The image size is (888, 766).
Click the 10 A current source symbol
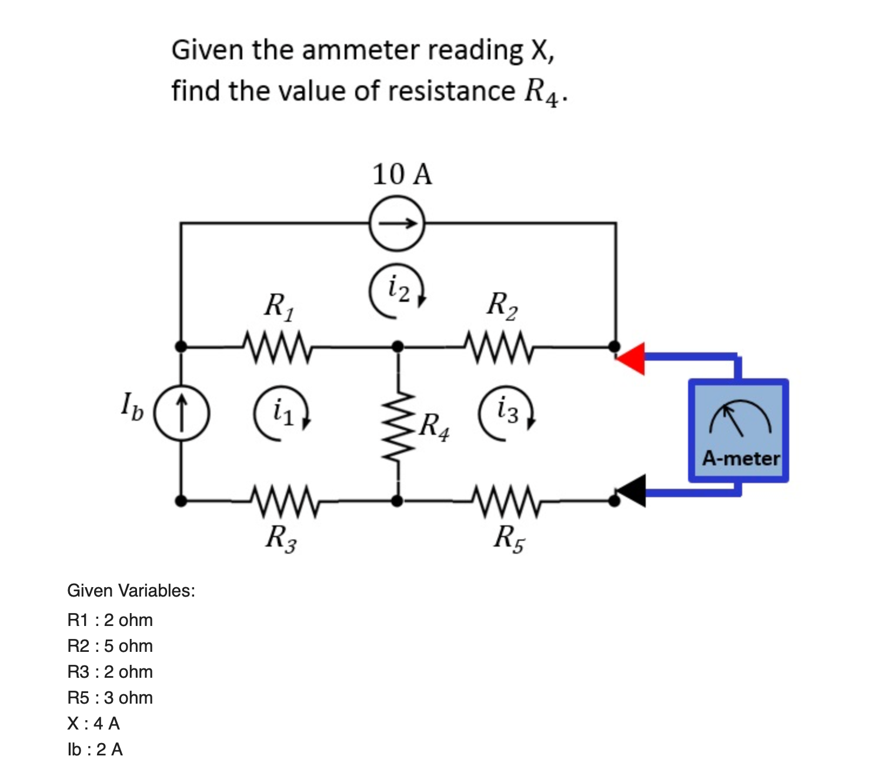[x=397, y=224]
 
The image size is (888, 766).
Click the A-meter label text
[x=740, y=458]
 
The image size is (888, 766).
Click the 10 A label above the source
[x=402, y=175]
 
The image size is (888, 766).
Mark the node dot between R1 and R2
[x=398, y=346]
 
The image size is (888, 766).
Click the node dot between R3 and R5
[x=398, y=501]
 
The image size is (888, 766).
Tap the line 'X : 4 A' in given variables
[x=94, y=723]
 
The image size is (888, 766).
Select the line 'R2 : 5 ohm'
[x=110, y=645]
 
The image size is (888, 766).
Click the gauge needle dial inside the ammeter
[x=739, y=418]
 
